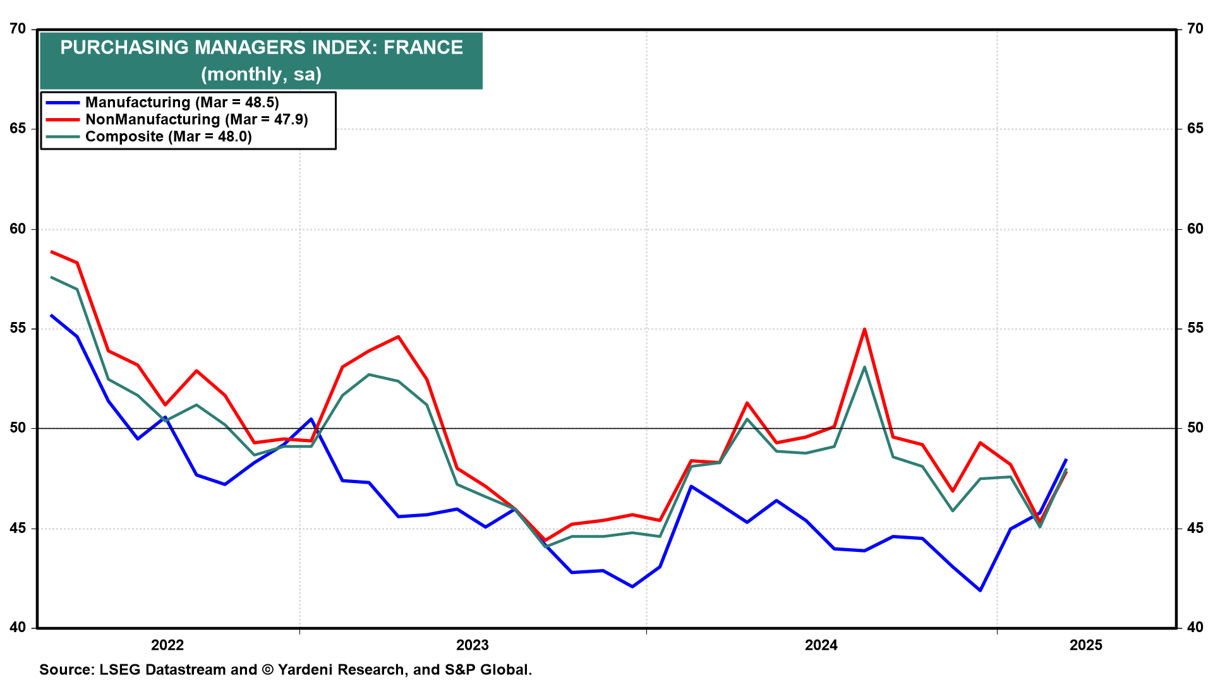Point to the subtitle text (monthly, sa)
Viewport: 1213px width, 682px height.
261,75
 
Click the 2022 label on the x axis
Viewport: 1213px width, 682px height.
167,645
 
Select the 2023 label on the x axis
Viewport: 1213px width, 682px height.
473,645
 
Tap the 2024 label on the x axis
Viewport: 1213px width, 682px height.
821,645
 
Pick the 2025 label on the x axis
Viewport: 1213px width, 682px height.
1086,645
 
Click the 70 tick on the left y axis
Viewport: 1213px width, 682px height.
18,29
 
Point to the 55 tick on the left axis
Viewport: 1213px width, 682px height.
18,328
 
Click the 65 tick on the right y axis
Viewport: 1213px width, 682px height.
1195,129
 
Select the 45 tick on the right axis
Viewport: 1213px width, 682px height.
1195,528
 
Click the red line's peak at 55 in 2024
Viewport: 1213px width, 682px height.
864,329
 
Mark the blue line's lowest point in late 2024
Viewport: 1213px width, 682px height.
981,590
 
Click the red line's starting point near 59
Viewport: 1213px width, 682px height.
51,251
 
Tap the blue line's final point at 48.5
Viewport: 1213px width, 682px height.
1066,460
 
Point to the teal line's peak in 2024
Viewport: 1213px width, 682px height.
864,367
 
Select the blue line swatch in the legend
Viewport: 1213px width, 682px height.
63,103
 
